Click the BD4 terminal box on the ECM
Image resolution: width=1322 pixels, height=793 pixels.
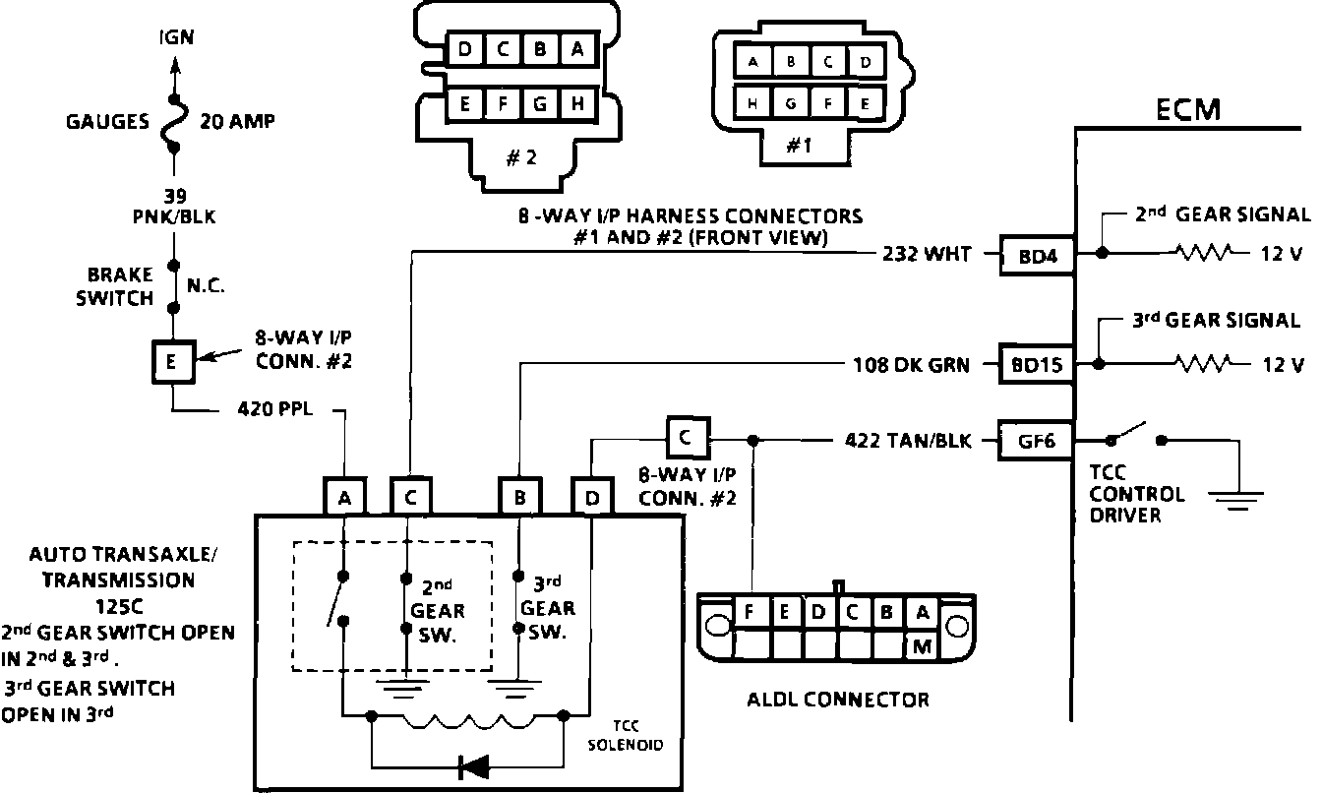point(1037,256)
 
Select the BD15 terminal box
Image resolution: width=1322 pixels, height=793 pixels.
point(1037,364)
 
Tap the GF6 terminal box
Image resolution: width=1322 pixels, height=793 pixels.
point(1036,441)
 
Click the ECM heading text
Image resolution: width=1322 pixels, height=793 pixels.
point(1187,110)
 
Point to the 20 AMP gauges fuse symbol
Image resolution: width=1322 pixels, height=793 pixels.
point(174,122)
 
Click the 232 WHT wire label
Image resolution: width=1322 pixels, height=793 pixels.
point(927,254)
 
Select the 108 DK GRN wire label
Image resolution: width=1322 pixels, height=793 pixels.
point(911,365)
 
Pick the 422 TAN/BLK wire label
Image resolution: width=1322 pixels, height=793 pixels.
point(908,441)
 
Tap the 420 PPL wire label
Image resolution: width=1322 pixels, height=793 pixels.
point(275,408)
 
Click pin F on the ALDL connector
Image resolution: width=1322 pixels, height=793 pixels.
point(749,611)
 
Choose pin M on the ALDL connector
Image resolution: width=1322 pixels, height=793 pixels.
point(922,646)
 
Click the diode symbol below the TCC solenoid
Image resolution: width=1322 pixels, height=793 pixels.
point(474,767)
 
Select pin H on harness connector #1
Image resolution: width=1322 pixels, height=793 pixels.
point(752,104)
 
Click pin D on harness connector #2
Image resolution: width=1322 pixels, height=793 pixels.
point(465,48)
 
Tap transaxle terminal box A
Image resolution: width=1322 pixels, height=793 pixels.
point(344,497)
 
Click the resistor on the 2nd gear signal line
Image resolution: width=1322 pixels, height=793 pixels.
point(1204,253)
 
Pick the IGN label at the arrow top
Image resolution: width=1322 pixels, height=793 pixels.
point(176,37)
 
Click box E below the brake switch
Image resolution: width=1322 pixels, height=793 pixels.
point(173,361)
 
